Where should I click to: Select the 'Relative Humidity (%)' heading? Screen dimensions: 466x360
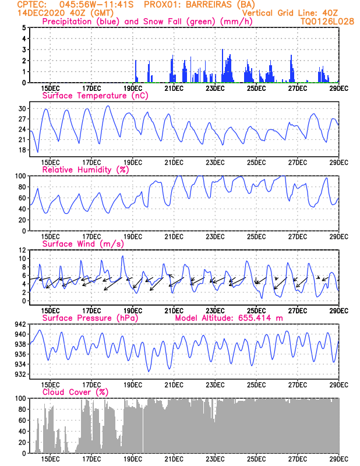tap(85, 170)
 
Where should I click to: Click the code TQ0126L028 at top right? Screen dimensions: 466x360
tap(320, 21)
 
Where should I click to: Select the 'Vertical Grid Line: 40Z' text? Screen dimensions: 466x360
tap(291, 13)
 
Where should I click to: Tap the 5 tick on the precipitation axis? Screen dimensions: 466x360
tap(24, 27)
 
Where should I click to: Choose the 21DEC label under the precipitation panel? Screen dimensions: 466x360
tap(174, 88)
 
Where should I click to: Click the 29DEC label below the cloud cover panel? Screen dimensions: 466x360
tap(339, 459)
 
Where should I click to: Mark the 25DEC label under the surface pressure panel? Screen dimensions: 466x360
tap(257, 385)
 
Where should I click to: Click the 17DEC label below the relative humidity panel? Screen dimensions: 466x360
tap(91, 236)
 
